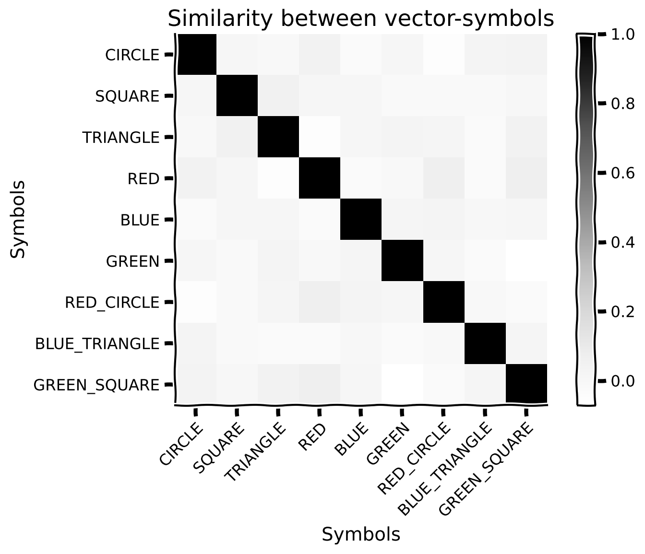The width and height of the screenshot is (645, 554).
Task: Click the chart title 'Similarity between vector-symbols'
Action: [361, 19]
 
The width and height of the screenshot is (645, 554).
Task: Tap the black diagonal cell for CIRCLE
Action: [197, 54]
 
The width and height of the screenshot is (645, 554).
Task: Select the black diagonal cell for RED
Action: [319, 178]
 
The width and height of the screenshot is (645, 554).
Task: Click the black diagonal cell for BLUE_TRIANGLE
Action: [485, 343]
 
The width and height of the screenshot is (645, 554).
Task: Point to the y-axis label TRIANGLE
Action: [121, 138]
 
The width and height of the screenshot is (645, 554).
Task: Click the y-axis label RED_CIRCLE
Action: [112, 303]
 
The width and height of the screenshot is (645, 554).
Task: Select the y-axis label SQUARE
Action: [127, 96]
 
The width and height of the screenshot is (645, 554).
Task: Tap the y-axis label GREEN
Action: [133, 261]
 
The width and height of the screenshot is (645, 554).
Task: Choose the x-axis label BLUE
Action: [352, 439]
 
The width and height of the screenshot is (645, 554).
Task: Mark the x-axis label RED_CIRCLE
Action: [414, 459]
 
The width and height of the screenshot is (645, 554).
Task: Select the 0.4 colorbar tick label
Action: [622, 243]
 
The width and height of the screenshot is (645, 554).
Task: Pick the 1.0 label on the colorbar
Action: [622, 35]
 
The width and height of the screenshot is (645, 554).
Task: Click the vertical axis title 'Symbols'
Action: [17, 219]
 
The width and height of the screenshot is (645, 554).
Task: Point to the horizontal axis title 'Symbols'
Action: [361, 534]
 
